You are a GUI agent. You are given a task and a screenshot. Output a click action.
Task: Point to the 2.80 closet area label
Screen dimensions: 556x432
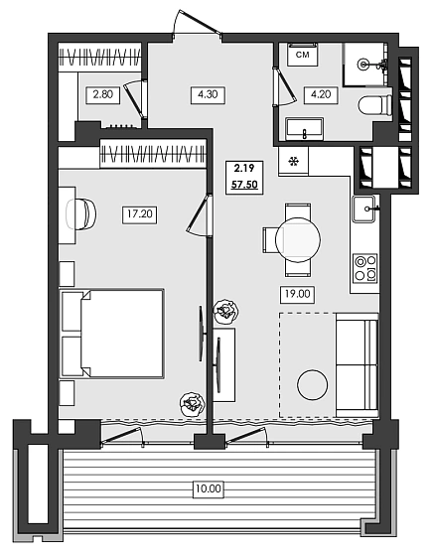tap(102, 95)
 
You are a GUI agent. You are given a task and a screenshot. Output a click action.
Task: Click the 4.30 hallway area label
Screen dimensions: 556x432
tap(208, 95)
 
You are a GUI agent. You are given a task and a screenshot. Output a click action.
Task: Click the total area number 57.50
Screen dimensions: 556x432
tap(244, 185)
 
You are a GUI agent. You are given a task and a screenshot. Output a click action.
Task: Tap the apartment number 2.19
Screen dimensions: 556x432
tap(244, 169)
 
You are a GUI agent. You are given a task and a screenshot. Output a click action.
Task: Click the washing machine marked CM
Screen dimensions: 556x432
tap(303, 56)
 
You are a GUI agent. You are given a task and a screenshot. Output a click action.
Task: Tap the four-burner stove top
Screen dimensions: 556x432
tap(364, 268)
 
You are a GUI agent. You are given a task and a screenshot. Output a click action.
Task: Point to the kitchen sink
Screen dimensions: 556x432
tap(364, 208)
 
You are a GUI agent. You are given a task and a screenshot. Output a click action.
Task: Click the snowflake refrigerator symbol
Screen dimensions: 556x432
tap(293, 161)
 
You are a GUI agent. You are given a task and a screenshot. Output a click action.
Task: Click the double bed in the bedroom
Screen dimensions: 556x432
tap(111, 334)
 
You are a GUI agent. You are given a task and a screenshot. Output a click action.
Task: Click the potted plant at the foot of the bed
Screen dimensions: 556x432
tap(191, 403)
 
